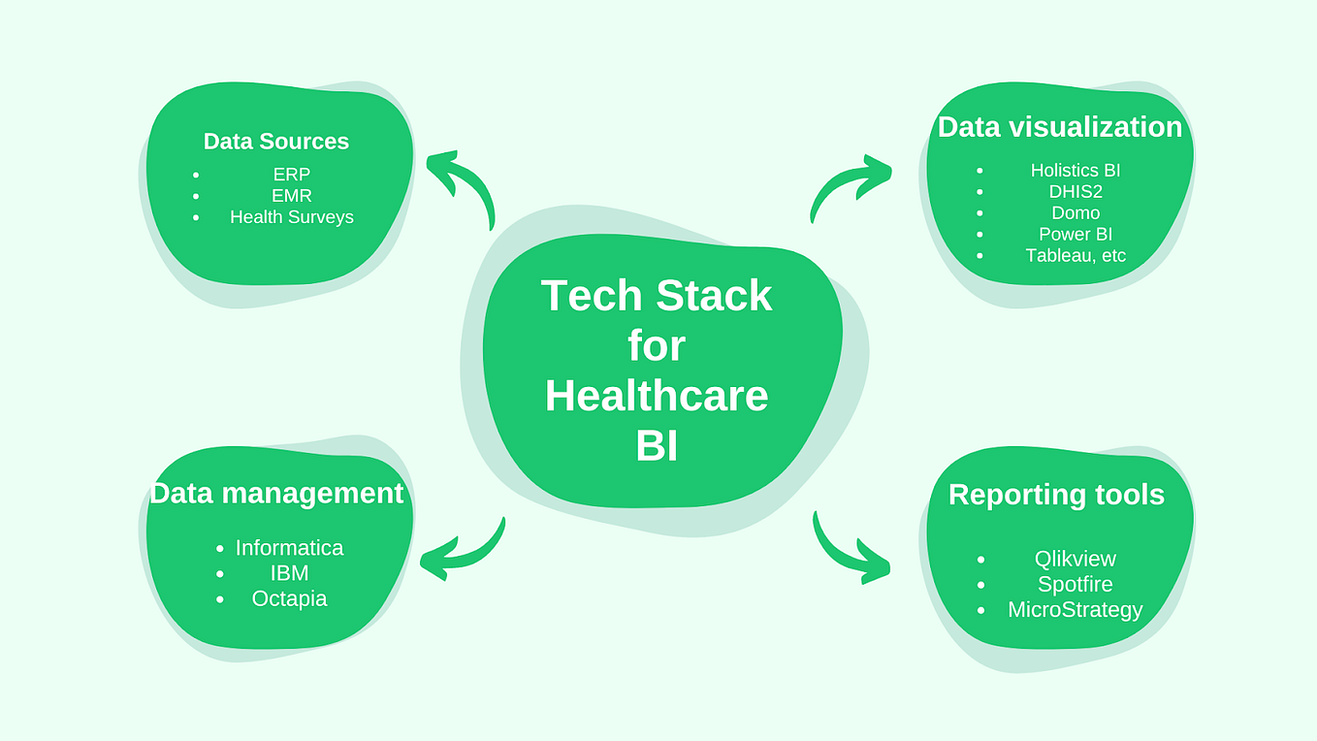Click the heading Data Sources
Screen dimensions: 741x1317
275,142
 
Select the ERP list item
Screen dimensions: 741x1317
291,175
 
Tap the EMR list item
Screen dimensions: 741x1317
291,196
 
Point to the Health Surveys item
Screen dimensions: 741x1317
291,217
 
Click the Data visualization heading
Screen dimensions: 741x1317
1059,127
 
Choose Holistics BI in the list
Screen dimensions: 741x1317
1075,171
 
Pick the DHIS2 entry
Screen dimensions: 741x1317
1075,192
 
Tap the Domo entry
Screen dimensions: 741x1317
1075,213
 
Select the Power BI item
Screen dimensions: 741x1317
1075,235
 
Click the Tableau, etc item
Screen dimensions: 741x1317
1075,256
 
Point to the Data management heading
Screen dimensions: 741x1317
276,493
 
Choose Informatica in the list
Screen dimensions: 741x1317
289,548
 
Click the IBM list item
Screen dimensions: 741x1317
289,573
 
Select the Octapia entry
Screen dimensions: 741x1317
289,598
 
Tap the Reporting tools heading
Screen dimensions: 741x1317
1056,495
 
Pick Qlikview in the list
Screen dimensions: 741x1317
1075,560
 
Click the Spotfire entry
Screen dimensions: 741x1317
1075,585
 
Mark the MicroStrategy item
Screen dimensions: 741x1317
1075,610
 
